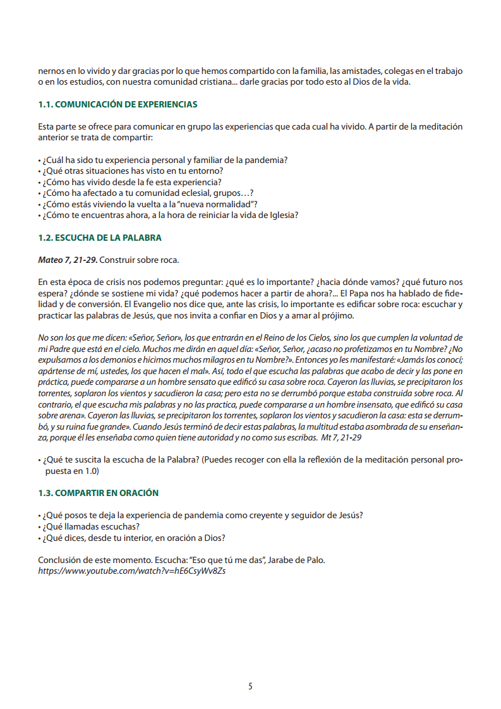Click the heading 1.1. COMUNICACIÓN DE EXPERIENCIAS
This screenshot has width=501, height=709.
pyautogui.click(x=118, y=104)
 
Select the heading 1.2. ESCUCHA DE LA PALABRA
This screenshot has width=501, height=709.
pyautogui.click(x=100, y=238)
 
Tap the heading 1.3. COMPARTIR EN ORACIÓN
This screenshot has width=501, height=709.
pyautogui.click(x=98, y=493)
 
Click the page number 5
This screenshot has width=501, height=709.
pyautogui.click(x=250, y=686)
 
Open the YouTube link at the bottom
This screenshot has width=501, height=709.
pyautogui.click(x=132, y=571)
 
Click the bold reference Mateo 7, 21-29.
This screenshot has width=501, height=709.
pyautogui.click(x=68, y=260)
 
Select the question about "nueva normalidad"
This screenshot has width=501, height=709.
pyautogui.click(x=150, y=203)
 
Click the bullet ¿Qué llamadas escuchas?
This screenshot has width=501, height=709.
pyautogui.click(x=91, y=526)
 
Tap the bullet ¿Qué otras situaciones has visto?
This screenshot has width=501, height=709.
pyautogui.click(x=133, y=171)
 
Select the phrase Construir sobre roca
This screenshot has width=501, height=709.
pyautogui.click(x=140, y=260)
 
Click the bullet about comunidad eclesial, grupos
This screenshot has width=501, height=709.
pyautogui.click(x=148, y=193)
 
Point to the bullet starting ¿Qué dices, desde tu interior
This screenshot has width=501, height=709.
pyautogui.click(x=134, y=538)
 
